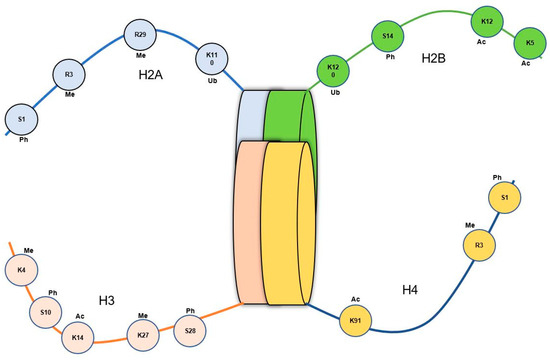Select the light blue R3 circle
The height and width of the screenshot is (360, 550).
point(69,75)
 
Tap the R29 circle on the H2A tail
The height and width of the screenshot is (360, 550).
point(141,36)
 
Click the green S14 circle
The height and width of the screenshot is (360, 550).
point(388,38)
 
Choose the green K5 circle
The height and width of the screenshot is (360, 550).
point(530,44)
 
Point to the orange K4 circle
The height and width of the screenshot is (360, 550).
point(21,269)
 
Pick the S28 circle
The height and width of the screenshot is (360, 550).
point(190,329)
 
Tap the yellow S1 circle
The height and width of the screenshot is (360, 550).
point(505,199)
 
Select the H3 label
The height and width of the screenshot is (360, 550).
point(108,299)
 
